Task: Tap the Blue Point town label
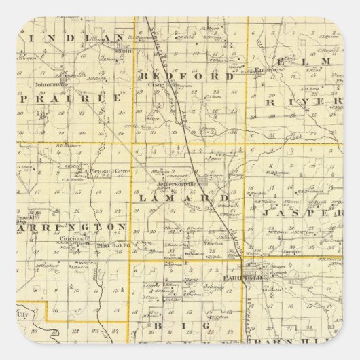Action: coord(124,50)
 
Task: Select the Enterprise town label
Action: coord(269,70)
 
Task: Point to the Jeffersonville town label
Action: coord(175,184)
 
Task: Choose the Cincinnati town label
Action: coord(73,239)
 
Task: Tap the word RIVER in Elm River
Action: coord(302,103)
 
